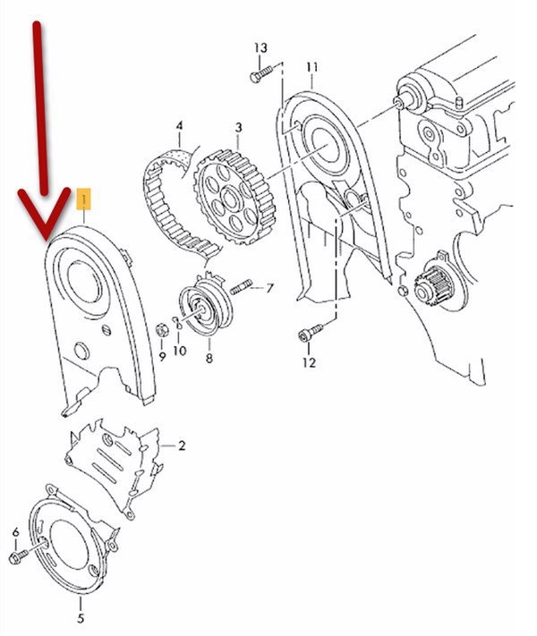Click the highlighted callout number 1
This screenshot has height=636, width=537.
click(84, 199)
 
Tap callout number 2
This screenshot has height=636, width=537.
click(182, 445)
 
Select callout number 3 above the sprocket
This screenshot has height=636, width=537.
click(238, 127)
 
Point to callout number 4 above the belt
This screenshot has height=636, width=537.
click(179, 126)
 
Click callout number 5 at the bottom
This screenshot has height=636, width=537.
click(81, 618)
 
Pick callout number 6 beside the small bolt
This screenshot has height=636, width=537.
click(16, 531)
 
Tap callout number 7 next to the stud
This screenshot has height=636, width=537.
click(270, 288)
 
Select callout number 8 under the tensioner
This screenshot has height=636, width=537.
click(209, 358)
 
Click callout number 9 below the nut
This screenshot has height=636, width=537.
click(162, 357)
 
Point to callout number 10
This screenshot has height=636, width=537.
click(180, 351)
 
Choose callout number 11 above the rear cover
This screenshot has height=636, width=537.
click(311, 67)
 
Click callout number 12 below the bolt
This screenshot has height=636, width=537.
click(309, 362)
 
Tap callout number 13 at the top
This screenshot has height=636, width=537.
click(261, 48)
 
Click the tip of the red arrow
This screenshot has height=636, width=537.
click(46, 240)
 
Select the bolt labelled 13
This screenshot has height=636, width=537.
click(261, 74)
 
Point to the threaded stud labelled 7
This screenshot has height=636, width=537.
click(241, 287)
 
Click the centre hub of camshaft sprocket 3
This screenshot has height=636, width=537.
click(230, 199)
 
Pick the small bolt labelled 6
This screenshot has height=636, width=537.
click(18, 555)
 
